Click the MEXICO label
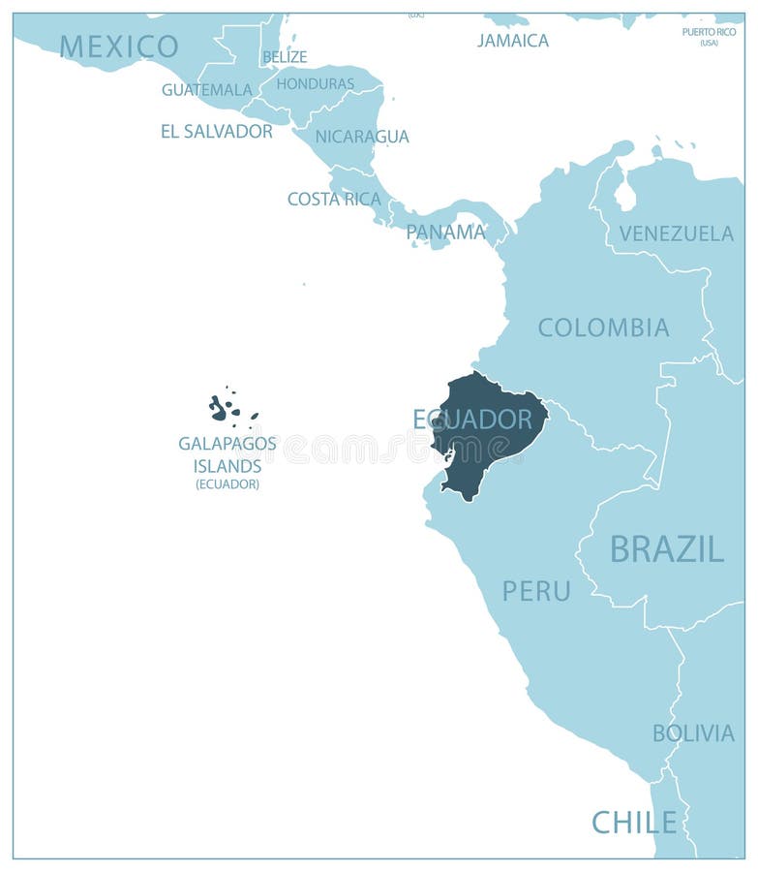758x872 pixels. [x=119, y=47]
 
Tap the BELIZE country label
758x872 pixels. [x=285, y=57]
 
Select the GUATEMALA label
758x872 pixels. [x=207, y=90]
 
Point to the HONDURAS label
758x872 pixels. [x=316, y=84]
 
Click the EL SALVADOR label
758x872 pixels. [x=217, y=131]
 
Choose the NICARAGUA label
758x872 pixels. [x=362, y=137]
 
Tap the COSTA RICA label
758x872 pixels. [x=334, y=199]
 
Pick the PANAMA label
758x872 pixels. [x=445, y=233]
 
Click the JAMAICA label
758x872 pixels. [x=513, y=41]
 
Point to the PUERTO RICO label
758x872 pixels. [x=709, y=32]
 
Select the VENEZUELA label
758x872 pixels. [x=677, y=234]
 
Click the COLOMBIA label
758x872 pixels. [x=603, y=327]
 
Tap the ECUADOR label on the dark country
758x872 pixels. [x=472, y=420]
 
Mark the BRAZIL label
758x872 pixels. [x=666, y=549]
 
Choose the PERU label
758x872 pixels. [x=536, y=591]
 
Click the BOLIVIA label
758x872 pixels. [x=693, y=733]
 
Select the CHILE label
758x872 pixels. [x=634, y=823]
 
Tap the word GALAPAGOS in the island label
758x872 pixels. [x=227, y=444]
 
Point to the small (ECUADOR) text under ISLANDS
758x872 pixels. [x=227, y=484]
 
